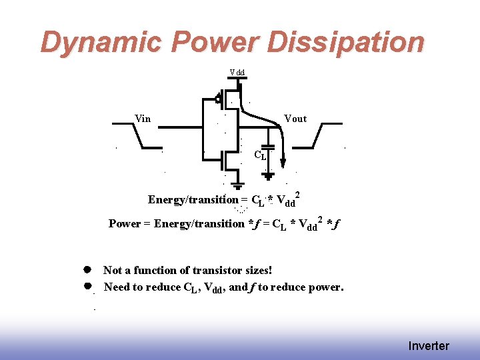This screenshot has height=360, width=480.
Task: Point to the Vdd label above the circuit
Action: (237, 71)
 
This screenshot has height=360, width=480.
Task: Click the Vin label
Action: (143, 119)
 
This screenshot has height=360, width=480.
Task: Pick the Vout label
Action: (295, 119)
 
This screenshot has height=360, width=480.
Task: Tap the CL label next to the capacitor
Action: (261, 155)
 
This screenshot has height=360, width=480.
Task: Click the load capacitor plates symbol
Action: (268, 146)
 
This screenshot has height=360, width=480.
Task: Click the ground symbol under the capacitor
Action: (268, 175)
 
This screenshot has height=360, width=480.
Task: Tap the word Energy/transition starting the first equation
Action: (193, 199)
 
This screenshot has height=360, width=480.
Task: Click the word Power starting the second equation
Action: (124, 223)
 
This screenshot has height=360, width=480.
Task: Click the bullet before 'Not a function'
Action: (87, 270)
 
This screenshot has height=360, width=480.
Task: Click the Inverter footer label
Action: (429, 346)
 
